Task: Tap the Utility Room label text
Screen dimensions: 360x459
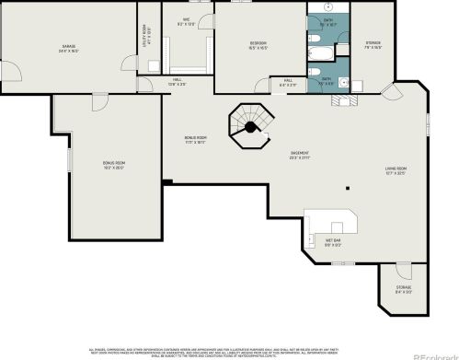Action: coord(143,42)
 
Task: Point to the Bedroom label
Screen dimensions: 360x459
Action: coord(258,45)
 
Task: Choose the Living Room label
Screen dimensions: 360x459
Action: coord(396,170)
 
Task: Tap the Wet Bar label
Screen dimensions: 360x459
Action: coord(333,244)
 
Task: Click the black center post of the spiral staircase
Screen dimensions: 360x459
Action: coord(248,129)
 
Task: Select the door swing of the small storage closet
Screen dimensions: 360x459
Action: coord(401,273)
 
